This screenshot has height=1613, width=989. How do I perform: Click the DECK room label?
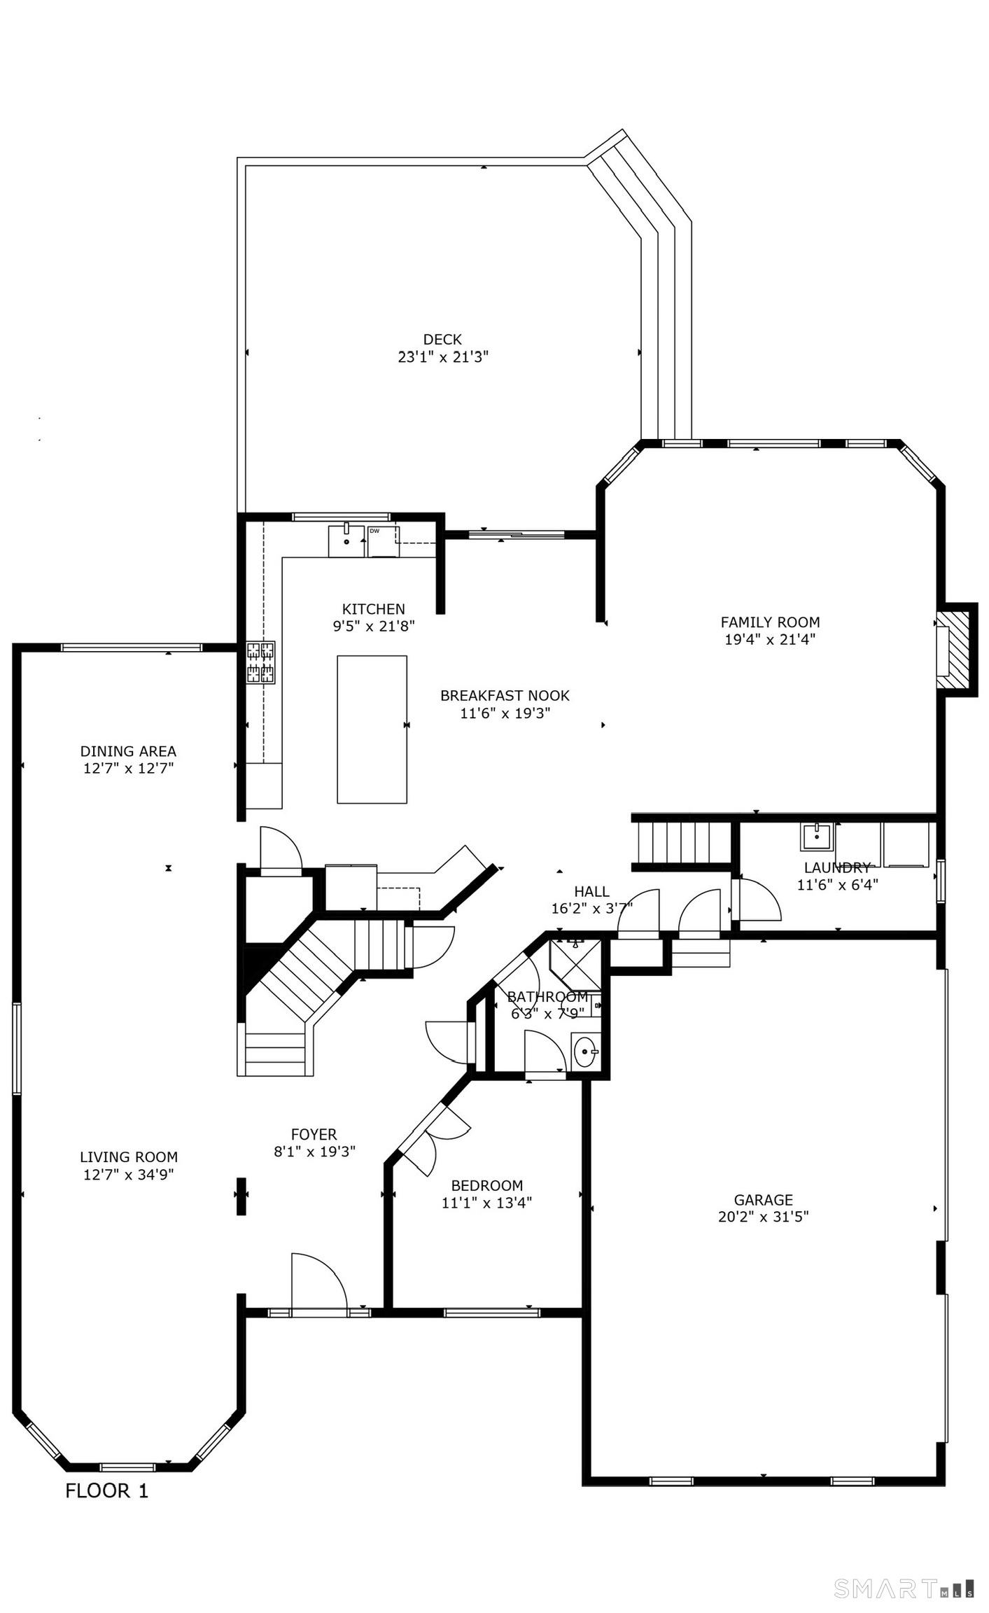click(x=442, y=340)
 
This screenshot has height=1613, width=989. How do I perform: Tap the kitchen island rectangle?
click(x=372, y=729)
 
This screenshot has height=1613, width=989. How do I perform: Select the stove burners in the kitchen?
click(x=260, y=662)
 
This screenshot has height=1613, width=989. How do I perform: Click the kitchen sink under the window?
click(x=346, y=540)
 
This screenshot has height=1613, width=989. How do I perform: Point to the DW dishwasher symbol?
click(x=383, y=541)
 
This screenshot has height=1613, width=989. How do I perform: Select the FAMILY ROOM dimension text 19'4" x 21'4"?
click(x=770, y=639)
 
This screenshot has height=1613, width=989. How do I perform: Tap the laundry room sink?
click(x=816, y=836)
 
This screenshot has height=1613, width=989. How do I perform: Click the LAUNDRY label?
click(x=837, y=867)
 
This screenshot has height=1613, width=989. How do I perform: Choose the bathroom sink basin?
click(x=585, y=1052)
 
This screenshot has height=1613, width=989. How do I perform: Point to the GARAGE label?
click(x=763, y=1199)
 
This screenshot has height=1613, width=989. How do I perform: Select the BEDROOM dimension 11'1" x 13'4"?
click(x=486, y=1203)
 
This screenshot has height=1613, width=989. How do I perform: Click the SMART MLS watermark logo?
click(x=903, y=1588)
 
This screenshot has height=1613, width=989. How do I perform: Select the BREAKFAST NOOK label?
click(x=505, y=696)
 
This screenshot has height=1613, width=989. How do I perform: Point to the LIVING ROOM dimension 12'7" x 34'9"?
click(x=129, y=1175)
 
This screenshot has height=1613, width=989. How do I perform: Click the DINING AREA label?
click(x=128, y=751)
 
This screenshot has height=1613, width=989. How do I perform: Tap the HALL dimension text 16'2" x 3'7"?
click(x=591, y=909)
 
